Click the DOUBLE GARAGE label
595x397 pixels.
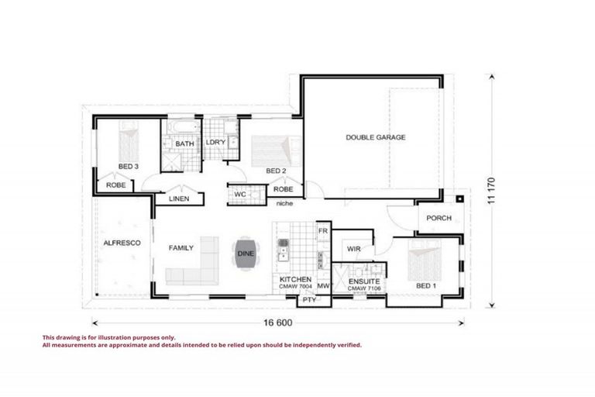click(x=375, y=137)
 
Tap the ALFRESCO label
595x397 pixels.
click(x=122, y=243)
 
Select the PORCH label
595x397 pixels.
click(x=439, y=218)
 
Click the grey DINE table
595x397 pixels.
click(x=245, y=254)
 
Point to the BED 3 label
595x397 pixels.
click(x=129, y=167)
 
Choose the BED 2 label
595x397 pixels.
click(x=277, y=171)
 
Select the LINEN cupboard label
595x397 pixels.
click(x=179, y=198)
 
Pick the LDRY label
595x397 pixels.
click(x=215, y=143)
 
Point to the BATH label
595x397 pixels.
click(x=184, y=144)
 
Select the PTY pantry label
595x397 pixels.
click(x=308, y=299)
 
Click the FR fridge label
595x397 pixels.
click(x=323, y=232)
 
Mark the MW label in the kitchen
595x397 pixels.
click(x=324, y=286)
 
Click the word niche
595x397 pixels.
click(x=284, y=204)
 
